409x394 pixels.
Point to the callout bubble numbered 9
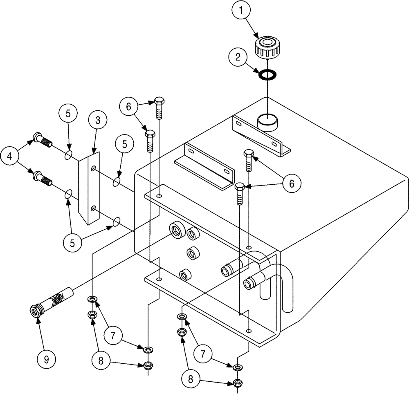46,359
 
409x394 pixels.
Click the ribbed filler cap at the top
266,47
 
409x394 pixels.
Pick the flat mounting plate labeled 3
89,188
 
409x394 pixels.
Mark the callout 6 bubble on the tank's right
291,184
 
